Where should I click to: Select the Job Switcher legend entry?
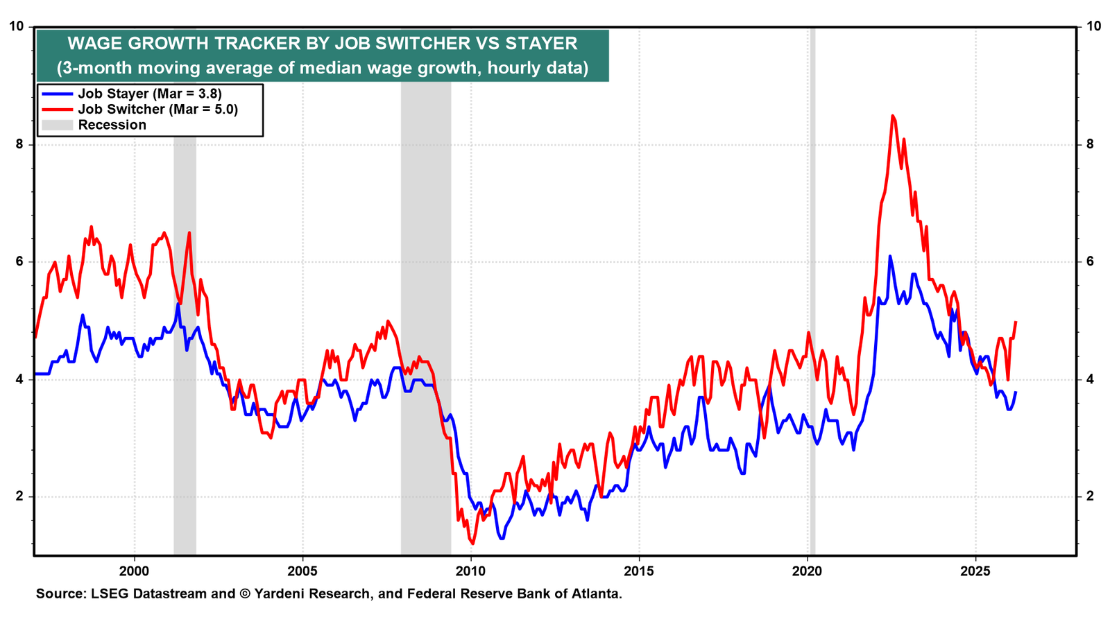139,110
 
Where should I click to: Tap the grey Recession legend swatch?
57,125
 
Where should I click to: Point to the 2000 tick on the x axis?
135,571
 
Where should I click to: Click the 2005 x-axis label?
302,571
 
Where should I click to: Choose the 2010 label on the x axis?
471,571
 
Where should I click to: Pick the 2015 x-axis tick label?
639,571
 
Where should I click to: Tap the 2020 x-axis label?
808,571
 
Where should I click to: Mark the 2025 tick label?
975,571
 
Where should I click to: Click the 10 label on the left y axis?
17,26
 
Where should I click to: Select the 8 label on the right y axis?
1090,144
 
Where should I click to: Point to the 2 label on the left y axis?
20,496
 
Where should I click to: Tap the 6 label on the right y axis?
1090,262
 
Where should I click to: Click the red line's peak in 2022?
892,116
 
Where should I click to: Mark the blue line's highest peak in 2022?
890,257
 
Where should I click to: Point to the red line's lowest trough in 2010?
472,544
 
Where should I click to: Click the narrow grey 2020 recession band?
812,291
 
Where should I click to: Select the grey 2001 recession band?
185,346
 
